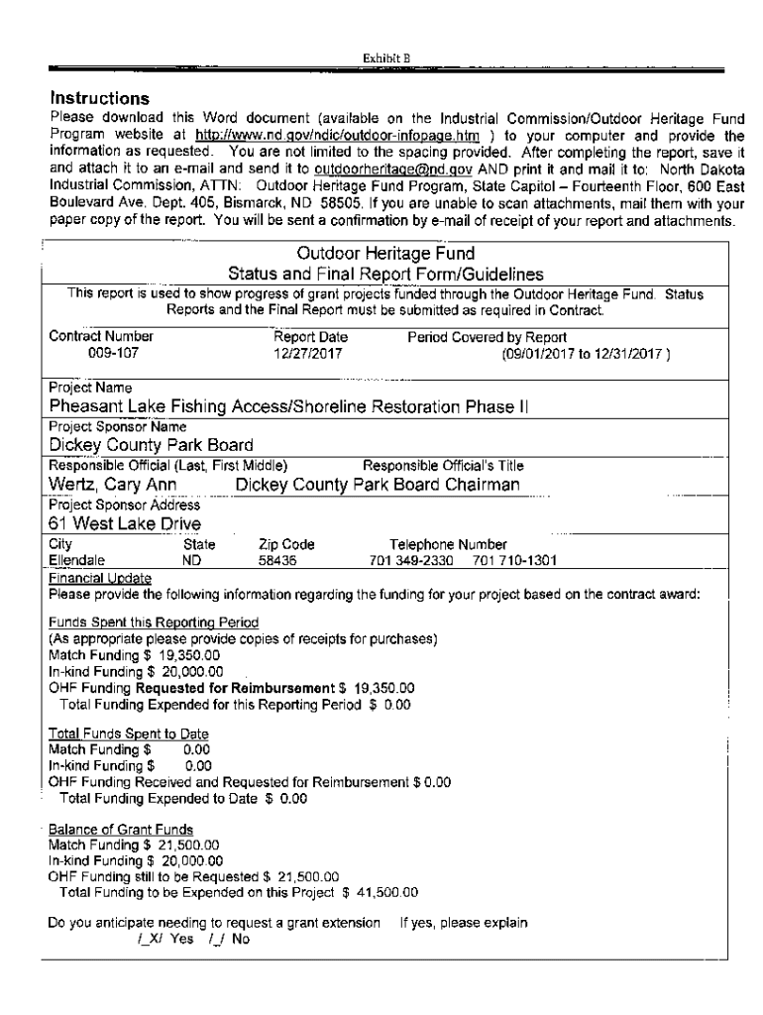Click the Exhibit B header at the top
(381, 57)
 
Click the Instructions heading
(99, 98)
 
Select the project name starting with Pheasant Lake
(289, 405)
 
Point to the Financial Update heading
(100, 577)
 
